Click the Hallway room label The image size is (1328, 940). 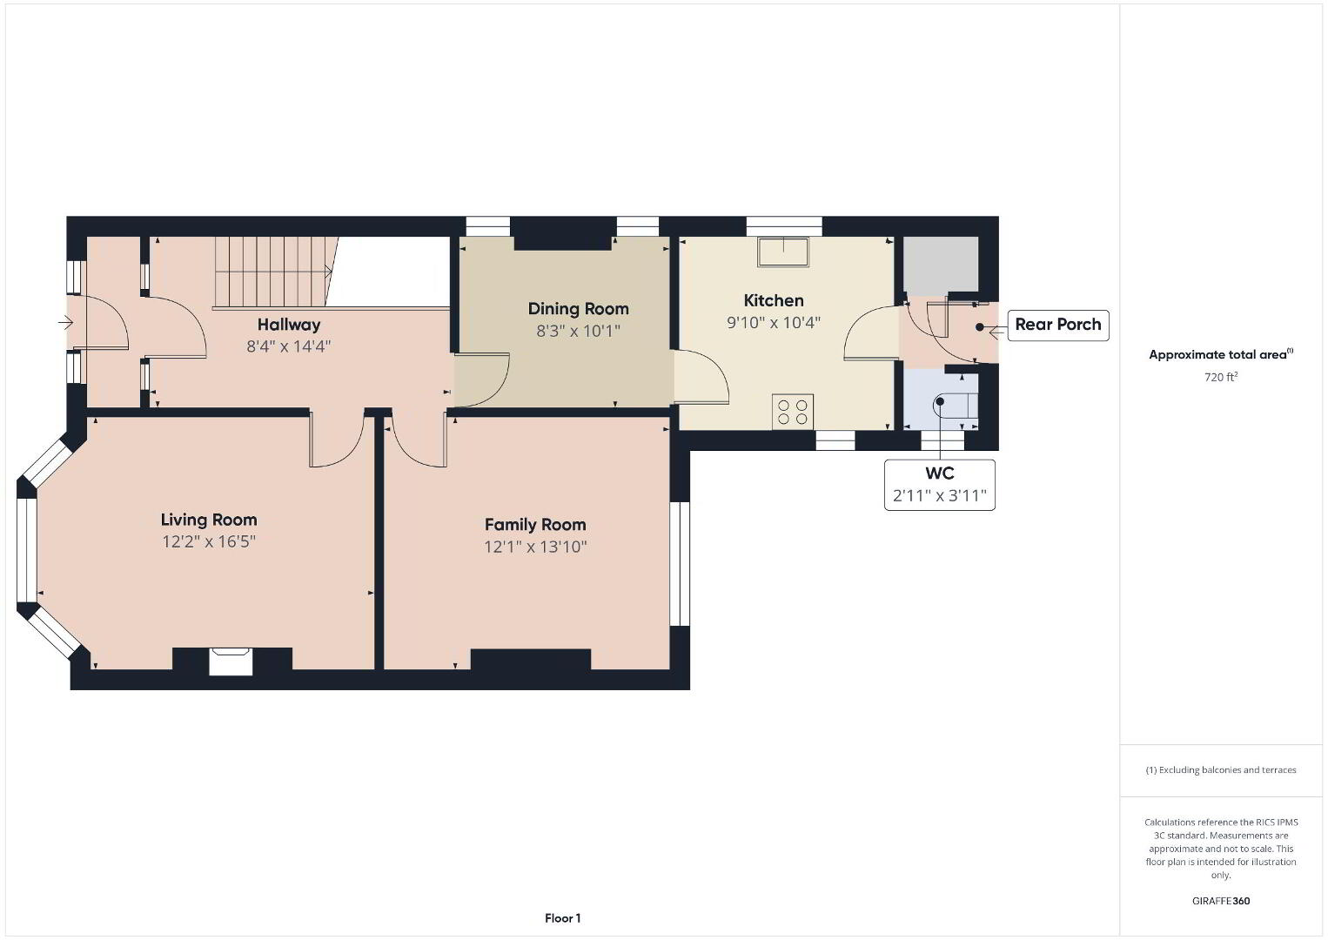coord(289,325)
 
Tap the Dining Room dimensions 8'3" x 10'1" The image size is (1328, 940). coord(578,331)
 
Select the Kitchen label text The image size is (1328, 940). coord(774,300)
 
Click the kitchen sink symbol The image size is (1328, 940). coord(783,252)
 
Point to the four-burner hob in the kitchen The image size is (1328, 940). coord(793,412)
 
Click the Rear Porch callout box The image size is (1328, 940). coord(1058,325)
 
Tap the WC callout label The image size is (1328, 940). coord(940,473)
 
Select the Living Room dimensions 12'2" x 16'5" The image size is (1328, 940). coord(209,541)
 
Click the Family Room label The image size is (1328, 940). coord(535,524)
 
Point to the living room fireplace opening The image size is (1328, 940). coord(231,661)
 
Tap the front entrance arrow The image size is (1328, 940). coord(65,323)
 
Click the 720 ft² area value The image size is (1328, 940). coord(1221,377)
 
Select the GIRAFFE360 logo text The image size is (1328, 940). coord(1221,901)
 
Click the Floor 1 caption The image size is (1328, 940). coord(563,918)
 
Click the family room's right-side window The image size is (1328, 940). coord(680,564)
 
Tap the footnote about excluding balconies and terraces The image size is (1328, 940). coord(1221,769)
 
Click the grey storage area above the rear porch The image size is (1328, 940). coord(940,265)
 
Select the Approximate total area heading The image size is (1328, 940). coord(1221,354)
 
